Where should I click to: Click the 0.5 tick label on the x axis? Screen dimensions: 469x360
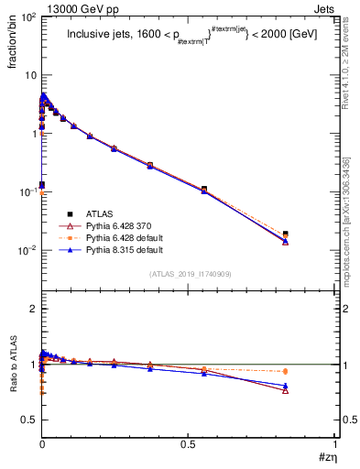click(190, 443)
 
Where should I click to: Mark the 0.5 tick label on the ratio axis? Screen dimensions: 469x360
click(29, 420)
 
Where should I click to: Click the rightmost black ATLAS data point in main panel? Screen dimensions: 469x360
click(286, 234)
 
